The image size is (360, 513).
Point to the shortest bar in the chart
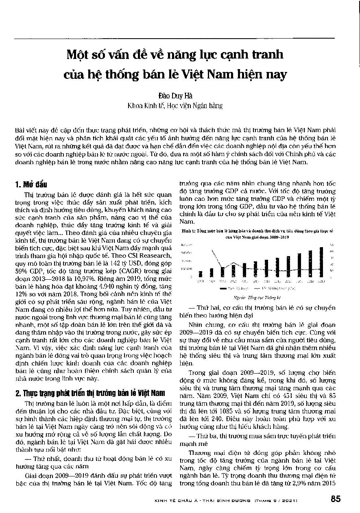click(x=200, y=274)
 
